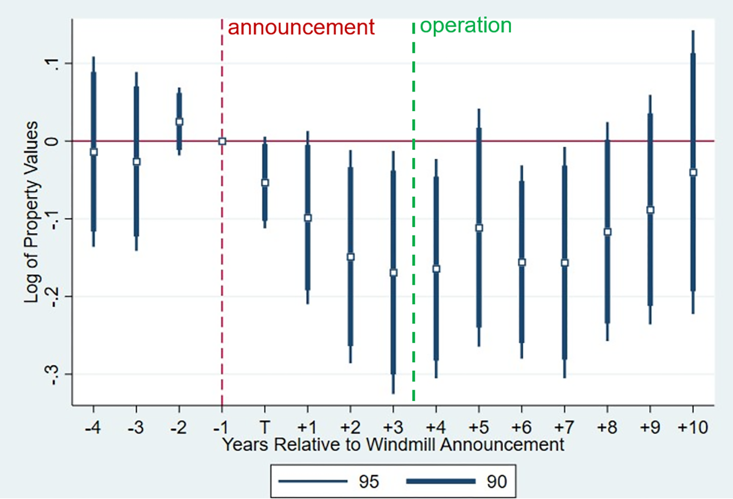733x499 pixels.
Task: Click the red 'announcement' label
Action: tap(301, 27)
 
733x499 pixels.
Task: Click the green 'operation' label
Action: tap(465, 26)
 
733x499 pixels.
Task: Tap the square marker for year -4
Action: tap(93, 152)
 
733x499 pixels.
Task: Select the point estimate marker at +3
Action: tap(393, 273)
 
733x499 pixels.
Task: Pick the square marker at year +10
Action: tap(693, 172)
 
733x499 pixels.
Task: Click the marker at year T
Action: tap(265, 183)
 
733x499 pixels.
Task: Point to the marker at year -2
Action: tap(179, 122)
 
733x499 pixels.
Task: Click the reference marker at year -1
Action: tap(222, 141)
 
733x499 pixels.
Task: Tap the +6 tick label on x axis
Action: tap(521, 428)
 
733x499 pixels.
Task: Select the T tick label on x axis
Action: tap(265, 428)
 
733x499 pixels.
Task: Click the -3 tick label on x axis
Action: tap(136, 428)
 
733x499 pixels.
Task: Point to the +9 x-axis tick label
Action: tap(650, 428)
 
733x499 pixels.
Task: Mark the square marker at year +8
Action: tap(608, 232)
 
